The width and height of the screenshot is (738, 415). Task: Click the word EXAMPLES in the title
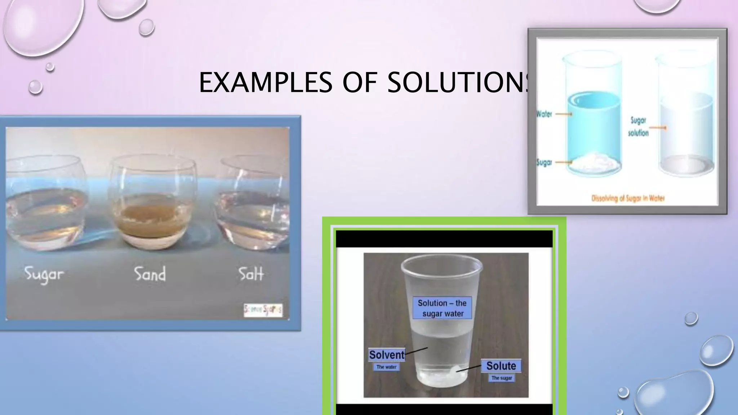point(265,82)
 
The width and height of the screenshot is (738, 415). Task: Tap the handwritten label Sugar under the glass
point(44,275)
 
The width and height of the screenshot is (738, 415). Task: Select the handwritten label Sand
point(150,274)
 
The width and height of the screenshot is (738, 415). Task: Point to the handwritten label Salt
point(251,274)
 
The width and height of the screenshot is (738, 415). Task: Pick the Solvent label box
point(387,355)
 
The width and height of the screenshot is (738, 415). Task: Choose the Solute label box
point(501,366)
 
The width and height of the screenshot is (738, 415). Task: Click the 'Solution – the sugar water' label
point(442,308)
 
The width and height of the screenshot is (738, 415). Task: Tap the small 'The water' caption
point(386,367)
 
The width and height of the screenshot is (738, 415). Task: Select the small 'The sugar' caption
point(502,378)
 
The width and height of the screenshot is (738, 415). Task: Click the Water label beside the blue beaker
point(544,114)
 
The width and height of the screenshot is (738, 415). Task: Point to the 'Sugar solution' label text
point(638,126)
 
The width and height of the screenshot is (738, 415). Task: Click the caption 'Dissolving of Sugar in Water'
point(628,198)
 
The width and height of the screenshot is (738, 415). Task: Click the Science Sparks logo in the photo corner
point(263,310)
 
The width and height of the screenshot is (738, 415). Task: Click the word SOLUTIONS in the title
point(458,82)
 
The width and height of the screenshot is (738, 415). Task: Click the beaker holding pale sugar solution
point(686,119)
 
